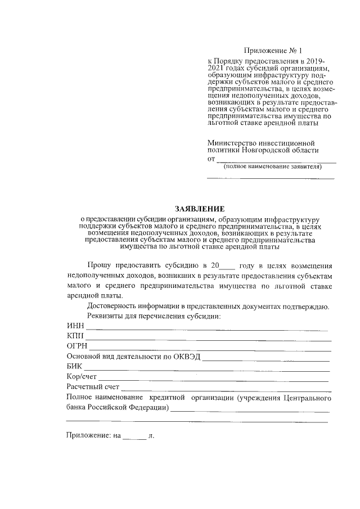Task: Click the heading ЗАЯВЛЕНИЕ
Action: pos(200,208)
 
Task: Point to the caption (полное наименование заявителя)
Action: pos(272,167)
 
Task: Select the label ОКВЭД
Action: pos(185,357)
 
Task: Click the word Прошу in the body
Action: pos(98,265)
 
